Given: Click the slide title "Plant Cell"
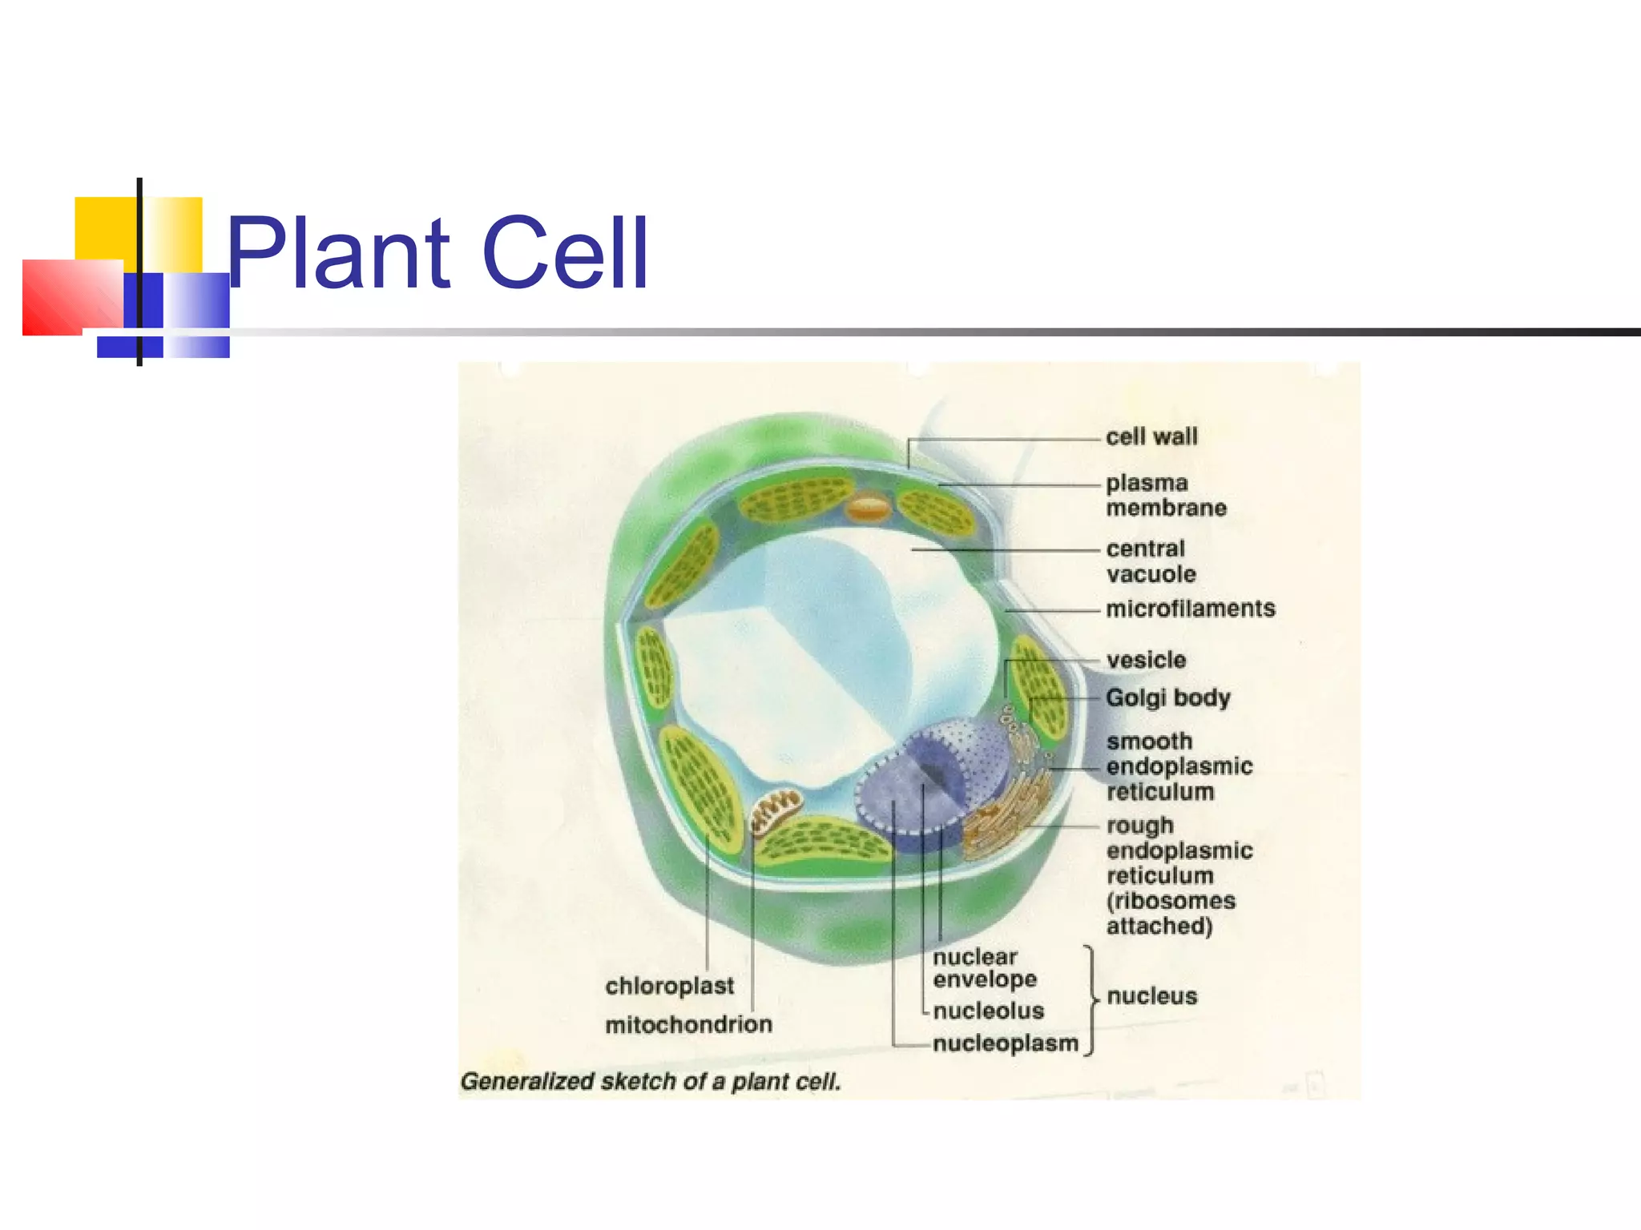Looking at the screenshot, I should [437, 253].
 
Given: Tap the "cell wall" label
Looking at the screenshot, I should [1151, 437].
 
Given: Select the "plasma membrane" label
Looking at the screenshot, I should [1166, 496].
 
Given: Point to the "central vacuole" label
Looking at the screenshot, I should [1151, 561].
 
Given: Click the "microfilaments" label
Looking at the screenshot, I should [1191, 609].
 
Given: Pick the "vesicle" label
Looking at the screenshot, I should [1146, 661].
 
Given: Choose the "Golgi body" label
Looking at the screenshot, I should [1167, 698].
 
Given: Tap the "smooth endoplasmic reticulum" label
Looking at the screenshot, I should [1179, 766].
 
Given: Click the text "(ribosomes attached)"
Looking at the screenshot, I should [1171, 914].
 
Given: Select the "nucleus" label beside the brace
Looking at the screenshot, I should [1151, 997].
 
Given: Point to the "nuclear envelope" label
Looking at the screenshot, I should [985, 968].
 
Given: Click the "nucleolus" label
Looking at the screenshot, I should [989, 1011].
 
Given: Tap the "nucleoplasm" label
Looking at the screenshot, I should [1006, 1044].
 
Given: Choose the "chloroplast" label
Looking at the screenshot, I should [669, 986].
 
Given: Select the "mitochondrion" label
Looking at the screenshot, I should [688, 1025].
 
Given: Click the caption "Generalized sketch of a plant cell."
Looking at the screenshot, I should [651, 1082].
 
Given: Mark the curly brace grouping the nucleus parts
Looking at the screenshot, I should [1091, 1000].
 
